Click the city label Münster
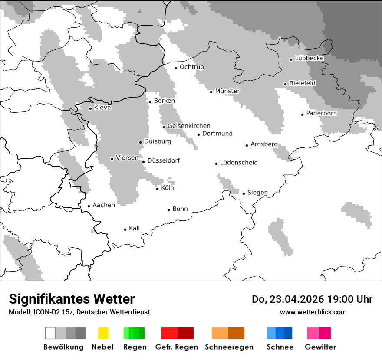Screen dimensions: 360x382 227,91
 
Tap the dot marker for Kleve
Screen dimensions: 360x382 90,108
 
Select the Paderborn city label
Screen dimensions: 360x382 322,114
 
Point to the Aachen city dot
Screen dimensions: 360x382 89,206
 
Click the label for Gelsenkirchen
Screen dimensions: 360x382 189,126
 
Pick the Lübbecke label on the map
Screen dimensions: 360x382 309,58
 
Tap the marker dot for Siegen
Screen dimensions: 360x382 244,193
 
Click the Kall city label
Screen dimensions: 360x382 134,228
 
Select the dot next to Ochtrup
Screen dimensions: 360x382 176,68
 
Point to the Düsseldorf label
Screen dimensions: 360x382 164,161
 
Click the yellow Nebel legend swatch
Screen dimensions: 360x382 103,333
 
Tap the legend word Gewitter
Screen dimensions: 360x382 320,347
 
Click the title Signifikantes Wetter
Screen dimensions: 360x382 72,299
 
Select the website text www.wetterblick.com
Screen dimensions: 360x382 313,312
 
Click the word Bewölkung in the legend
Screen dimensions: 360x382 63,347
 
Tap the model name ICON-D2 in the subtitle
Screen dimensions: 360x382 46,312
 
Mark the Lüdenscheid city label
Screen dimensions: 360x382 239,163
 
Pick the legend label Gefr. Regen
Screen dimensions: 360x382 177,347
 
